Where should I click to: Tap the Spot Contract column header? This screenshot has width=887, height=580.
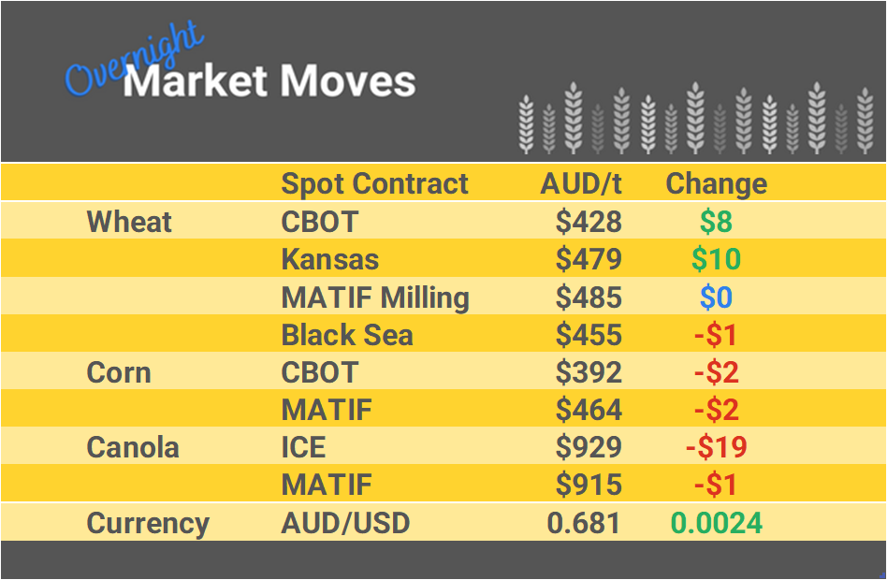coord(374,183)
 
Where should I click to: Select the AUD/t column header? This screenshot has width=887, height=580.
coord(580,183)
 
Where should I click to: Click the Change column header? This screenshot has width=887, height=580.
coord(716,183)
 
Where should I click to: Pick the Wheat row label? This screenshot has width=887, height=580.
coord(129,222)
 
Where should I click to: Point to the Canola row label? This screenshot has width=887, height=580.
coord(132,447)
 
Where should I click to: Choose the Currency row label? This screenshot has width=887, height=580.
coord(148,523)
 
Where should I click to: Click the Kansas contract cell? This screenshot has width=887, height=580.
coord(329,259)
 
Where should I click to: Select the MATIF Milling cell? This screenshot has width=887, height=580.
coord(374,297)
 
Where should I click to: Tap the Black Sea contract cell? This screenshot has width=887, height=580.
coord(346,335)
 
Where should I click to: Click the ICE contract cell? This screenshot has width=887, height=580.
coord(303,447)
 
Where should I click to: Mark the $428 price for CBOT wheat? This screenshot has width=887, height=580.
coord(588,222)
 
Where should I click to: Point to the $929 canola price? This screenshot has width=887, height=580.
coord(588,447)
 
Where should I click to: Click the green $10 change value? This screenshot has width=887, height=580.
coord(716,259)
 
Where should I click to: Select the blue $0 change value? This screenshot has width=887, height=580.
coord(716,297)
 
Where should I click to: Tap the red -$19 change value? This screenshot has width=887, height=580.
coord(716,447)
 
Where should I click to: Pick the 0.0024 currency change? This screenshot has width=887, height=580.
coord(716,523)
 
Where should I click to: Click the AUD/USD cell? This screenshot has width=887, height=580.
coord(345,523)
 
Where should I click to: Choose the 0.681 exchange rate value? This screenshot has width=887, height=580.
coord(584,523)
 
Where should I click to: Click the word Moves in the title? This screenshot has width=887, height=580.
coord(346,81)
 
